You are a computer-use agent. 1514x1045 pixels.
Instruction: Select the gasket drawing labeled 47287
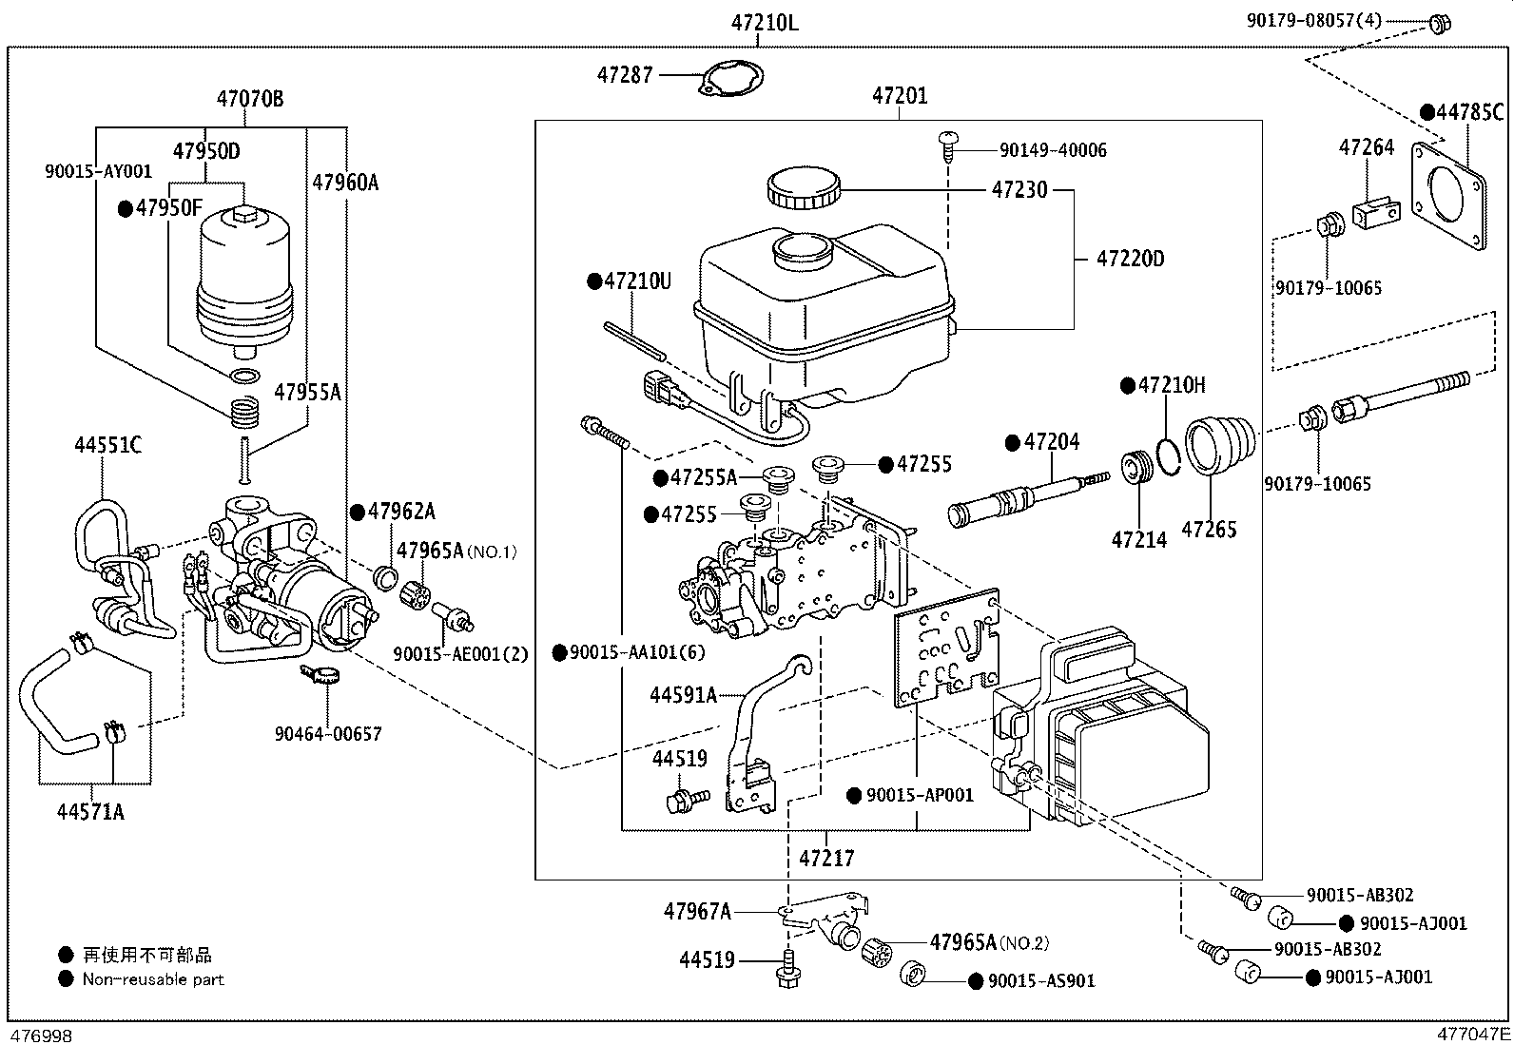[732, 78]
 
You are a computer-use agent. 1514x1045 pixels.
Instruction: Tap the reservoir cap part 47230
[803, 188]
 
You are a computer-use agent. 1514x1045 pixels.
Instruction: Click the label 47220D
[1130, 259]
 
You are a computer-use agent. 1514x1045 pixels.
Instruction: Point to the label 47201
[900, 95]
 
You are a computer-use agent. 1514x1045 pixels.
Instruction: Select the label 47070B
[249, 98]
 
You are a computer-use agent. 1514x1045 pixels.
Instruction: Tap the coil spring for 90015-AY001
[245, 413]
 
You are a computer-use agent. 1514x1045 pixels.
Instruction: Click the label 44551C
[107, 445]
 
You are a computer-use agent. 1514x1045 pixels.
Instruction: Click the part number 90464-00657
[328, 733]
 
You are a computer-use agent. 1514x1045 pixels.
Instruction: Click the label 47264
[1366, 147]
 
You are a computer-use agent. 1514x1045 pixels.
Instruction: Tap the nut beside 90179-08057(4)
[1439, 23]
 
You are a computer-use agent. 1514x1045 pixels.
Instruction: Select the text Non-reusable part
[153, 978]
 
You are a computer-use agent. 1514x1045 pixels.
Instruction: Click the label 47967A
[697, 912]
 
